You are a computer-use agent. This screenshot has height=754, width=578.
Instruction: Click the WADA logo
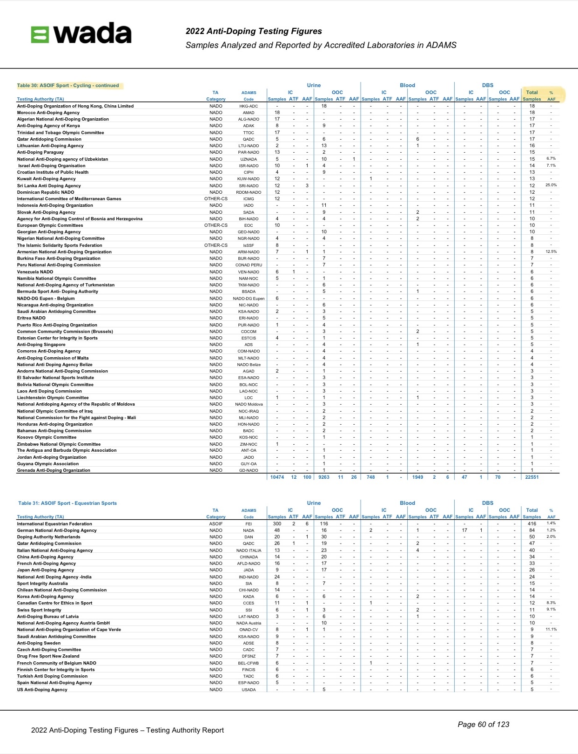81,34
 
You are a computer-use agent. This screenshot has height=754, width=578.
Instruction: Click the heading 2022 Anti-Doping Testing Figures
254,31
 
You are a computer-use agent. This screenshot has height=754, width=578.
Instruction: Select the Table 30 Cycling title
68,86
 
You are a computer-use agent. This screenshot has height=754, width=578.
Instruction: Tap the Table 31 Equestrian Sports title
67,503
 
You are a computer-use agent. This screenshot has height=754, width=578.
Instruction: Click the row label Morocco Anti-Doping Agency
48,113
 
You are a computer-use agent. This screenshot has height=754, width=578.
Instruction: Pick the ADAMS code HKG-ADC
249,106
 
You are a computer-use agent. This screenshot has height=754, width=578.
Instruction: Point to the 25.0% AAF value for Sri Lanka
551,185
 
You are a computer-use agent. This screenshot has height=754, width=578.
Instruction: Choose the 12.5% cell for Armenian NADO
551,251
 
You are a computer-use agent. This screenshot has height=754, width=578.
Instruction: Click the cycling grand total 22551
531,477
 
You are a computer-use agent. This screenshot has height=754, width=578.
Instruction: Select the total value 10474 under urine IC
277,477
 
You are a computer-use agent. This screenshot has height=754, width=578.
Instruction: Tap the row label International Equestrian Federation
54,524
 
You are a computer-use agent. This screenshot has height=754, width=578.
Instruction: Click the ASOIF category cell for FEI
215,524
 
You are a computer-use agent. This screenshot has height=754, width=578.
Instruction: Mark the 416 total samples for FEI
532,524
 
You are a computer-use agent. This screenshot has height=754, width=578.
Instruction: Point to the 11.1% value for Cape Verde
551,630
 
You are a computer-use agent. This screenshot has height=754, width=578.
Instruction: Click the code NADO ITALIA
249,550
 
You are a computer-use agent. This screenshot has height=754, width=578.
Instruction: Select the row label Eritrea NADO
31,318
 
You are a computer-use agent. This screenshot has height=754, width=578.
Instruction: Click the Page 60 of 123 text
484,724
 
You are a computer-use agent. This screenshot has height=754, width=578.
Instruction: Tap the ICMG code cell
249,199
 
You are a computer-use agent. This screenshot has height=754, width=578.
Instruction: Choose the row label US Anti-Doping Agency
42,690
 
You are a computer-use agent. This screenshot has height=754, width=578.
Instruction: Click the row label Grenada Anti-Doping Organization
54,470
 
